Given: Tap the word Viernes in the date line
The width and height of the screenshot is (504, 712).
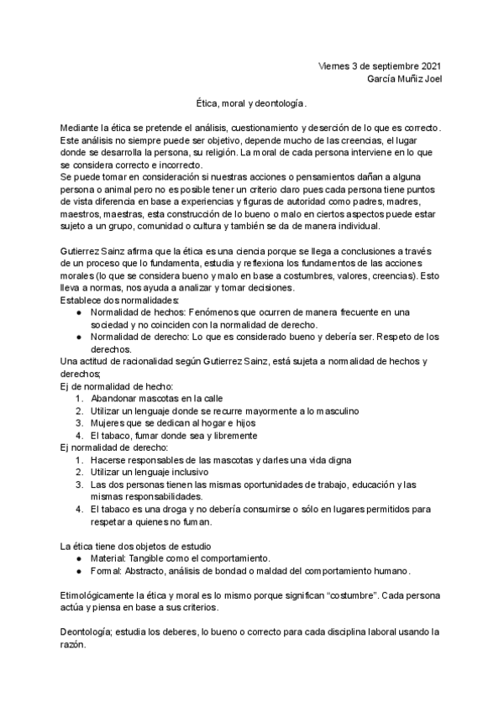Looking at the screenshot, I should tap(335, 65).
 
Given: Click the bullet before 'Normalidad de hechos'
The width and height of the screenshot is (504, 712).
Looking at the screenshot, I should tap(77, 312).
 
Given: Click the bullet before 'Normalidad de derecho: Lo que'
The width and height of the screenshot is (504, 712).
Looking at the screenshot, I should tap(77, 337).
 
